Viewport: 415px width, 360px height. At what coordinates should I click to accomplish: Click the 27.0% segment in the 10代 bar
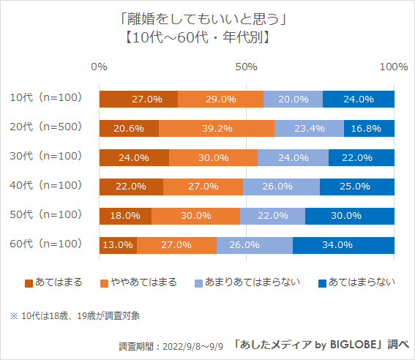pos(138,99)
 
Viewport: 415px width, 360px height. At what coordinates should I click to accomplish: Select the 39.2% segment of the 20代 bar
pos(217,128)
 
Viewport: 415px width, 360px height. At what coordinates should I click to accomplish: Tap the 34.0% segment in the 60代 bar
pos(344,245)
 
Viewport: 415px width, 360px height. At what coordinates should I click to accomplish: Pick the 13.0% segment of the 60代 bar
pos(118,245)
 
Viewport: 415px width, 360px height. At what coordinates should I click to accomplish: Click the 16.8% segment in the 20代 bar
pos(370,128)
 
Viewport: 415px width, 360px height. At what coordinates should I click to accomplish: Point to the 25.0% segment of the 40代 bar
pos(357,187)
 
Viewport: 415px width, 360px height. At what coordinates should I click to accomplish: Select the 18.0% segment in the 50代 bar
pos(125,216)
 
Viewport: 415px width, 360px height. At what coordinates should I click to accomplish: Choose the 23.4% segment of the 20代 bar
pos(310,128)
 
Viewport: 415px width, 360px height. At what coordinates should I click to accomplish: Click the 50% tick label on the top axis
pos(247,67)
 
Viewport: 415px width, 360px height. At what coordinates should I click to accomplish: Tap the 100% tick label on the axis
pos(394,67)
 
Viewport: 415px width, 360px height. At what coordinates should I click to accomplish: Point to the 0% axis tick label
pos(99,67)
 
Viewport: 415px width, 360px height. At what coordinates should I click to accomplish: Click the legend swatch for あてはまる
pos(29,282)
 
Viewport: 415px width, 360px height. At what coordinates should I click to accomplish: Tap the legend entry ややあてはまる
pos(143,282)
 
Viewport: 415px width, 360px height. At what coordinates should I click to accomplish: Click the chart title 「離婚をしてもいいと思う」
pos(198,15)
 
